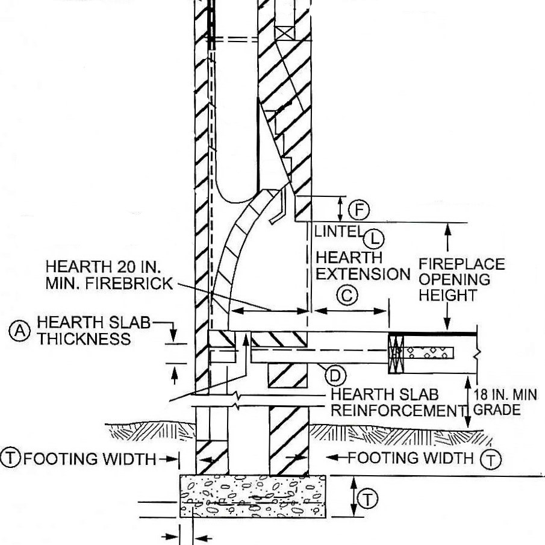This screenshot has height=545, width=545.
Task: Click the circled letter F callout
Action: [x=360, y=210]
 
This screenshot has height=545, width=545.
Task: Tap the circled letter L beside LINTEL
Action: [x=376, y=238]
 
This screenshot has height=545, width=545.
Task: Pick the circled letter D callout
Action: [x=335, y=376]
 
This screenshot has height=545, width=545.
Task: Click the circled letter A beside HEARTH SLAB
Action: [x=20, y=330]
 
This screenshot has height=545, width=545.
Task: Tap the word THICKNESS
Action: [x=84, y=339]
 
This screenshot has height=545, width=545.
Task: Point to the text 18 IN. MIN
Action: [x=505, y=395]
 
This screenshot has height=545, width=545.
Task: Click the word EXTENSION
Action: [x=363, y=274]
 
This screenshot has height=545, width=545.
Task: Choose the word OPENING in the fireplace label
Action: [x=455, y=279]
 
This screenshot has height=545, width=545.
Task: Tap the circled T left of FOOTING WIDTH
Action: [x=11, y=458]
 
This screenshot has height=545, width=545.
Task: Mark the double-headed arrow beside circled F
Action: [x=341, y=208]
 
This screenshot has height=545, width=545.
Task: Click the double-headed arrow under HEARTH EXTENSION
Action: [x=351, y=311]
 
